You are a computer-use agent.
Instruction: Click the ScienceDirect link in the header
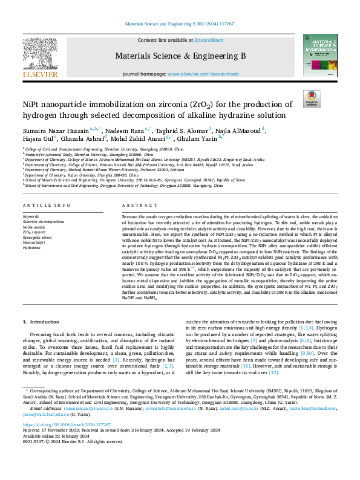click(x=208, y=40)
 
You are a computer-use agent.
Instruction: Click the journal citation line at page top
click(x=179, y=24)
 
